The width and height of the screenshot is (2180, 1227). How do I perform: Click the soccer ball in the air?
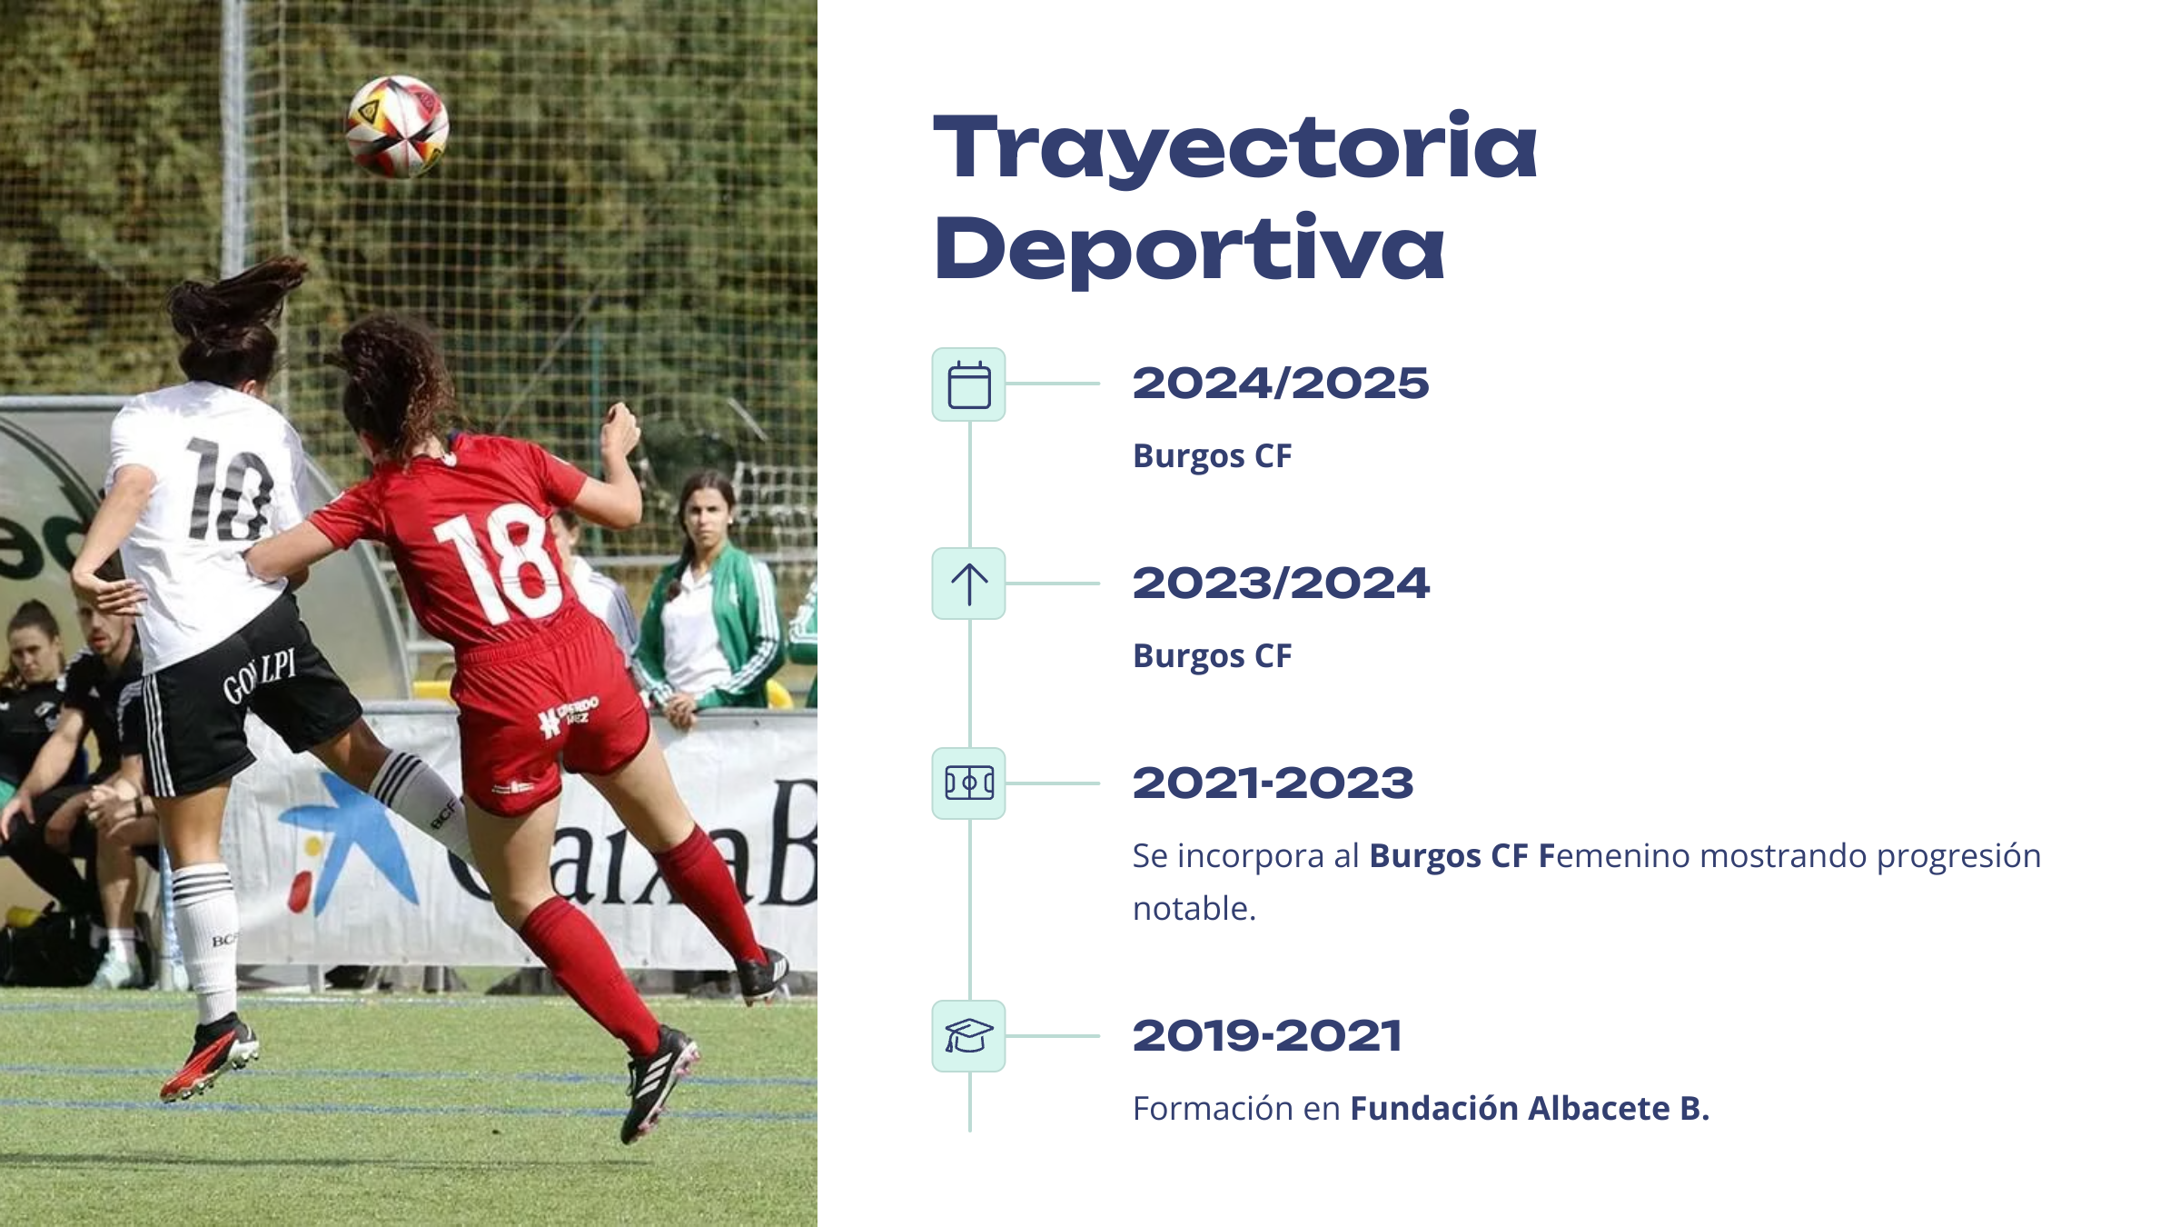pos(398,126)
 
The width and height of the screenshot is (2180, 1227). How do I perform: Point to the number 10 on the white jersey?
pos(230,490)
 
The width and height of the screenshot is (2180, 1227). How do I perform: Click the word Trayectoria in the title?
pos(1235,148)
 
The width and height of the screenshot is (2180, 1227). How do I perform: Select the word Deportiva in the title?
pos(1189,248)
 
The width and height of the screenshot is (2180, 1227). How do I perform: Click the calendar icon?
pos(969,384)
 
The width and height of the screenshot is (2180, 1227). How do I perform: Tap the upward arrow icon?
pos(969,584)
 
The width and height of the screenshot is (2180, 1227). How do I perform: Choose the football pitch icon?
pos(969,783)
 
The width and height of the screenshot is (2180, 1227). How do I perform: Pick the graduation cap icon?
pos(969,1036)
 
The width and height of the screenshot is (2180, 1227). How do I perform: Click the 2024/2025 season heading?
pos(1281,384)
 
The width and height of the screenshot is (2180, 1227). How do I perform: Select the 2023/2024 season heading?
pos(1281,583)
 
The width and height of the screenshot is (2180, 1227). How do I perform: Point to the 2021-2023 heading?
pos(1273,783)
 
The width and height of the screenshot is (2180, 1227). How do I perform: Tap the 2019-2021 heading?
pos(1267,1036)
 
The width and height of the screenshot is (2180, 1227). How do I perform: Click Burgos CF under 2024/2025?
pos(1212,456)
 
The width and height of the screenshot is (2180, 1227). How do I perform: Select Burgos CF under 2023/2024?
pos(1212,656)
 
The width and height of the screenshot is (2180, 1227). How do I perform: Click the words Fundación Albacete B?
pos(1530,1108)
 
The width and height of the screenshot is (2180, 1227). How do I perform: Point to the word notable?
pos(1194,908)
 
